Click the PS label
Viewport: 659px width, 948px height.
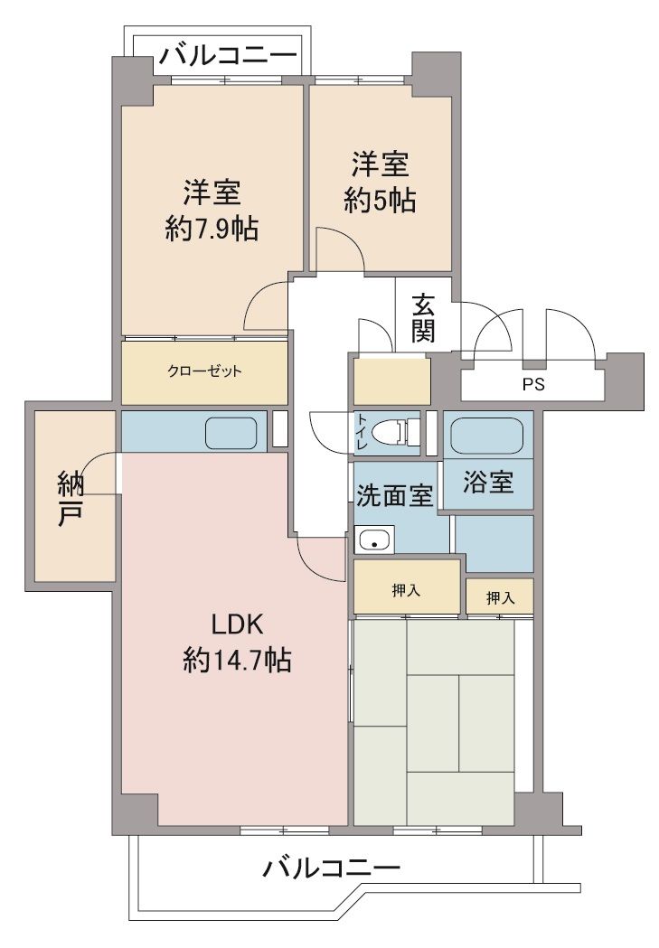533,384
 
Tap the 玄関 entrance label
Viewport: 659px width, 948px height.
423,318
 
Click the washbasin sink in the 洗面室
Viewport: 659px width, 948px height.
374,539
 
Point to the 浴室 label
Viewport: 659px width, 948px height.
488,482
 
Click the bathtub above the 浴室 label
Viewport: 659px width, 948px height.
487,436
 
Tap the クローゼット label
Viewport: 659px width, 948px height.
204,371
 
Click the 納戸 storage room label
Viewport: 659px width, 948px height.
71,499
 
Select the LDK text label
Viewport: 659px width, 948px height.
237,624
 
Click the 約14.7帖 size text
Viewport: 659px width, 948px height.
237,660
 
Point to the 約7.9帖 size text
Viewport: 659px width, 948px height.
212,229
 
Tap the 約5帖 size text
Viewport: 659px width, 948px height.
380,200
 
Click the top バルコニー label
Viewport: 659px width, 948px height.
229,56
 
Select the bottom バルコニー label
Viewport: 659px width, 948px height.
332,868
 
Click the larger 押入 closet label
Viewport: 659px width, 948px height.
406,590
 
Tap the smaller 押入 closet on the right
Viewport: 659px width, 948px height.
500,598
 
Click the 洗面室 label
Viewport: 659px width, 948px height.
394,495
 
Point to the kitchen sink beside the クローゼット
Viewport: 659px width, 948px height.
231,433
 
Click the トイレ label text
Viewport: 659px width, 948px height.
361,432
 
